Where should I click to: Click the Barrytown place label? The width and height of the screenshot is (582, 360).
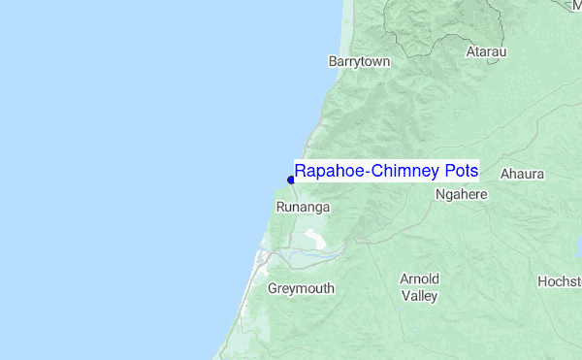(x=359, y=61)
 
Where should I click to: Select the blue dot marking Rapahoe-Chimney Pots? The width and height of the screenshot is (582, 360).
(x=290, y=179)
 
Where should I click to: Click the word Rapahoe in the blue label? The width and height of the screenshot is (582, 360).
(x=326, y=172)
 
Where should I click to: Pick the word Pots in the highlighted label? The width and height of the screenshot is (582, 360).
(x=461, y=172)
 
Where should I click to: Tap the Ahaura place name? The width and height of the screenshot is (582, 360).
(x=523, y=175)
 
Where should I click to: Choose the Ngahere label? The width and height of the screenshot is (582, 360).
(x=461, y=194)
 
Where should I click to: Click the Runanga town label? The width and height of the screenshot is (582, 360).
(x=304, y=208)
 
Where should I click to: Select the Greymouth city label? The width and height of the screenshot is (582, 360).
(x=301, y=289)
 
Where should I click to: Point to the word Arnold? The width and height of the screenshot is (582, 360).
(x=419, y=279)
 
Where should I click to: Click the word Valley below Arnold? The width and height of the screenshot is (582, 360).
(x=419, y=296)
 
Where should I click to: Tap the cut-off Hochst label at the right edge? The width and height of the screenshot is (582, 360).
(x=560, y=281)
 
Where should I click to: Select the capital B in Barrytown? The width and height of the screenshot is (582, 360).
(x=334, y=61)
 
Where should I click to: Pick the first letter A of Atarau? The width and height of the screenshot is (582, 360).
(x=470, y=50)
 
